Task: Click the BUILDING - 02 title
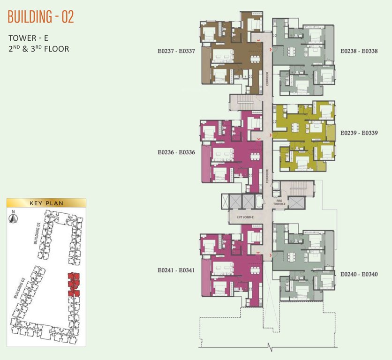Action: [x=41, y=17]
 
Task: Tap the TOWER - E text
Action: [x=29, y=38]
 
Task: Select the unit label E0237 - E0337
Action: [x=176, y=51]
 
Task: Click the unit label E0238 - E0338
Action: [x=359, y=51]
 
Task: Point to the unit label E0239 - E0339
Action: [x=359, y=133]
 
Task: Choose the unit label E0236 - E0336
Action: [x=176, y=152]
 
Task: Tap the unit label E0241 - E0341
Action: [x=176, y=270]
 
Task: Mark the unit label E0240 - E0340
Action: [x=359, y=273]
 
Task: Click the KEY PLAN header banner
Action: [x=46, y=203]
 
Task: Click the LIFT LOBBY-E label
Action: [x=245, y=217]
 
